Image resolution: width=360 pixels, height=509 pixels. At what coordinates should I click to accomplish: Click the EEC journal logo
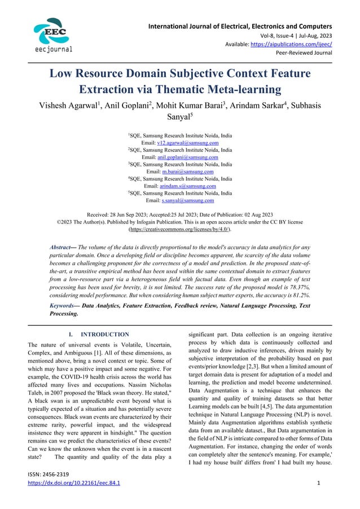[x=52, y=34]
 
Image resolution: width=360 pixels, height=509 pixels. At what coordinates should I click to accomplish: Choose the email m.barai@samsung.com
[x=187, y=172]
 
